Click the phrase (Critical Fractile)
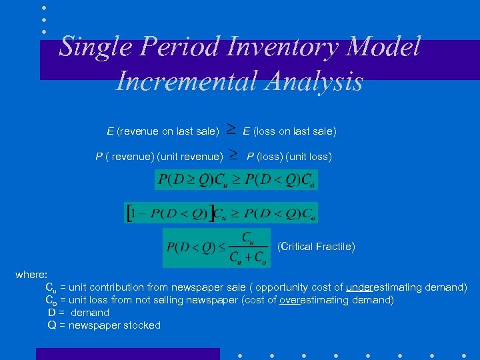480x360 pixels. [316, 247]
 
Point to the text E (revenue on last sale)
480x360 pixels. [163, 131]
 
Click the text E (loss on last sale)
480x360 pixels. [289, 131]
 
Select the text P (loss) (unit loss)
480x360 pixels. [289, 157]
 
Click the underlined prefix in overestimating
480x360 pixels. [290, 300]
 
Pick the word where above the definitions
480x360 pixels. [31, 275]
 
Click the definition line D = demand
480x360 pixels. [79, 313]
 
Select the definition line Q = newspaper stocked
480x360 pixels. [104, 325]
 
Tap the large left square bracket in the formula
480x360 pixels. [129, 213]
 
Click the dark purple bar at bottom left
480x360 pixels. [127, 353]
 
